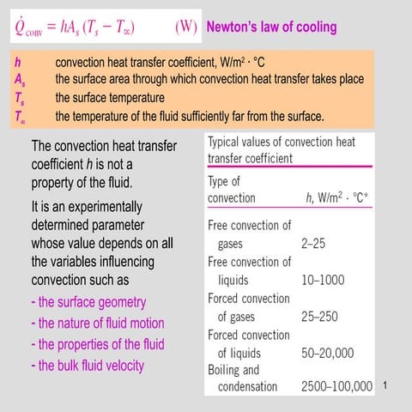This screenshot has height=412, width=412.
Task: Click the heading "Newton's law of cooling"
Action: [x=271, y=27]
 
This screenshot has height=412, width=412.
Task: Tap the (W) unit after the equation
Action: [x=186, y=27]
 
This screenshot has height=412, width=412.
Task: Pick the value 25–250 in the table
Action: [x=319, y=317]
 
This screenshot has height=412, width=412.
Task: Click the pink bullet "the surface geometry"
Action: [x=88, y=302]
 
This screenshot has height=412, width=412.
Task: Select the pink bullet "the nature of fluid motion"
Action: [x=96, y=324]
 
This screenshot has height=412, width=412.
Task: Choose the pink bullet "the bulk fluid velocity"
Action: [x=87, y=365]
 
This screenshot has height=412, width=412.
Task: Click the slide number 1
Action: [x=388, y=387]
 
